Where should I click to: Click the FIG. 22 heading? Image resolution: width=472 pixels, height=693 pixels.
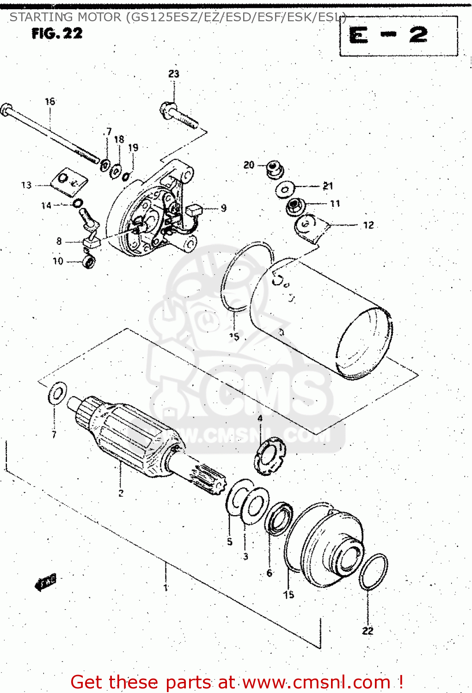[57, 33]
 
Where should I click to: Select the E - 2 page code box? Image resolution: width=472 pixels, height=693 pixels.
[398, 36]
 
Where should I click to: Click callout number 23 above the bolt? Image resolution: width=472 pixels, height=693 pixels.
[173, 73]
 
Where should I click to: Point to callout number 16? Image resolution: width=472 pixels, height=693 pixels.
[50, 101]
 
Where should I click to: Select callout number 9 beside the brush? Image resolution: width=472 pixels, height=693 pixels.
[224, 208]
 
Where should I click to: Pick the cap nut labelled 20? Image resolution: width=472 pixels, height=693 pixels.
[275, 169]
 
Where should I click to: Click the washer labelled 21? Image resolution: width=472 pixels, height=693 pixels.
[285, 189]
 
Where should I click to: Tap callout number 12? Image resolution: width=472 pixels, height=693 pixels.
[368, 225]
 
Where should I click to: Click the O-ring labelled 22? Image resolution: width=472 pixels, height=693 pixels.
[373, 571]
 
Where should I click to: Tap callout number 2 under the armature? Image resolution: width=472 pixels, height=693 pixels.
[121, 493]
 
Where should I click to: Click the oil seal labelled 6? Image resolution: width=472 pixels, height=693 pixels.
[279, 519]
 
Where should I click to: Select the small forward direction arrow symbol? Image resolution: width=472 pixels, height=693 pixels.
[46, 583]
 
